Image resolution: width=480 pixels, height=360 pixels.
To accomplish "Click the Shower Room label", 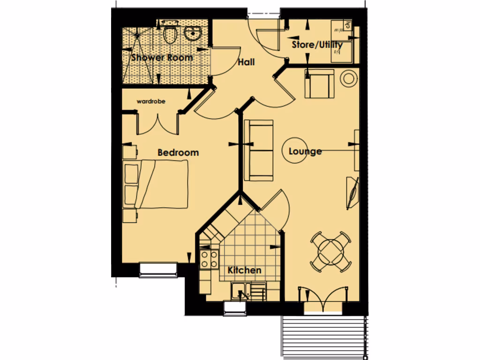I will click(x=162, y=58).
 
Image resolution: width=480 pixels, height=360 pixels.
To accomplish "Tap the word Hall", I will click(x=246, y=62).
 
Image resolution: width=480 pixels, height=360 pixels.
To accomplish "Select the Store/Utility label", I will click(x=317, y=45).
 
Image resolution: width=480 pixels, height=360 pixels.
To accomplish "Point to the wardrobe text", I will click(x=151, y=101).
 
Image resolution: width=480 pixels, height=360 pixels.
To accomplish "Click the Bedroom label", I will click(x=178, y=152).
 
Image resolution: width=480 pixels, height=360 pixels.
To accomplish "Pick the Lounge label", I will click(x=305, y=151).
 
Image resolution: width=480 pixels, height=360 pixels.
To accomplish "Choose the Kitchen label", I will click(x=244, y=270).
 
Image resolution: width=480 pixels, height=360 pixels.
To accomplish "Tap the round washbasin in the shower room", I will click(x=192, y=33).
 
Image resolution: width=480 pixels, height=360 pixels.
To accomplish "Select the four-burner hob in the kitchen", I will click(x=209, y=259).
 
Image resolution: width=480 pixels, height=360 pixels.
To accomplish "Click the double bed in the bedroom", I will click(x=157, y=184).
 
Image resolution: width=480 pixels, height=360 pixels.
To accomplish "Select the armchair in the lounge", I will click(x=320, y=83).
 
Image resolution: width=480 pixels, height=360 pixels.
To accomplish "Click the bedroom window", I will click(x=158, y=269).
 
